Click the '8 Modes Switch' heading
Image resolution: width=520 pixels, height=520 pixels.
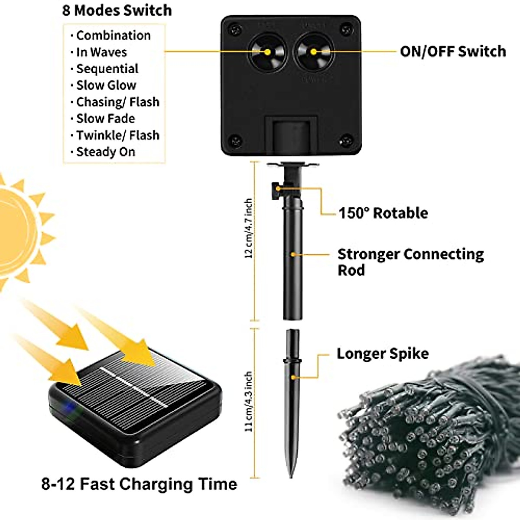click(117, 10)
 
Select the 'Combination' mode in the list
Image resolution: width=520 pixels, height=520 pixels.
click(113, 36)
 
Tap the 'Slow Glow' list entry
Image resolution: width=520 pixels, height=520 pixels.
click(106, 85)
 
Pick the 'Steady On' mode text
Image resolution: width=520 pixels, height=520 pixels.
click(106, 152)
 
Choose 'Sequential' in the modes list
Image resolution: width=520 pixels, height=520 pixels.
click(107, 69)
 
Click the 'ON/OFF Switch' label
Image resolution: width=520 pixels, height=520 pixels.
click(452, 52)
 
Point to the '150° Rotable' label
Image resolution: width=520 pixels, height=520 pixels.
click(383, 213)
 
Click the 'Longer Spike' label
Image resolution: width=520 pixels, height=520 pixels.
click(383, 354)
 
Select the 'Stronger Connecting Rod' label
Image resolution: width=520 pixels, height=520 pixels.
click(410, 262)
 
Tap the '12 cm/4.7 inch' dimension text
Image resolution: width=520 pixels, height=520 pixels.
click(249, 228)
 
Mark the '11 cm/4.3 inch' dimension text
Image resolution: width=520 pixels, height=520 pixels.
click(249, 401)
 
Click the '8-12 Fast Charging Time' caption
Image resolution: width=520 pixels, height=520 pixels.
click(139, 484)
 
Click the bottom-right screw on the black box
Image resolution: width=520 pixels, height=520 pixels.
click(345, 140)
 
